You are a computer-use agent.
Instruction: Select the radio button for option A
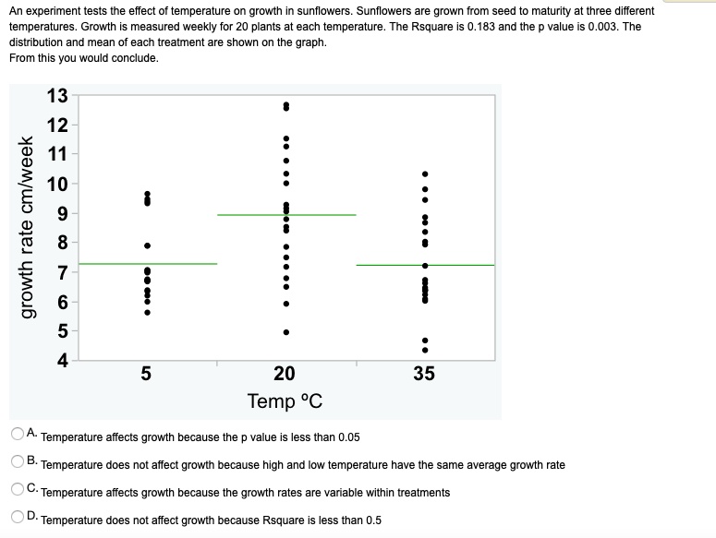click(x=18, y=434)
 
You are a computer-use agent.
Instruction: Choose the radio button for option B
click(x=18, y=461)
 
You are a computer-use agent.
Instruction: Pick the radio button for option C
click(x=18, y=489)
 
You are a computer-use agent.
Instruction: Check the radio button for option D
click(x=18, y=517)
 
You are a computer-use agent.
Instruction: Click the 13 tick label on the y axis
click(x=56, y=96)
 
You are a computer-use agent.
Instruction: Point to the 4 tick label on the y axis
click(x=62, y=361)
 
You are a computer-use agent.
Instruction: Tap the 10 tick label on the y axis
click(x=56, y=184)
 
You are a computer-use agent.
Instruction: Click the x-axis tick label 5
click(x=146, y=374)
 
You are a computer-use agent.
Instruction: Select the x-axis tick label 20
click(x=285, y=374)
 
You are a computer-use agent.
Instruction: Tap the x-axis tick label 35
click(x=424, y=374)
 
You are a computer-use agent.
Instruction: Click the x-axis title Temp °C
click(x=285, y=401)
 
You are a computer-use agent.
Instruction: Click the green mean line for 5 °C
click(x=148, y=264)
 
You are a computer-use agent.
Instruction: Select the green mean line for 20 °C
click(x=286, y=215)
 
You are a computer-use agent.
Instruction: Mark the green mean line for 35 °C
click(x=426, y=265)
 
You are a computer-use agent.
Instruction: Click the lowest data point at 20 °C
click(x=285, y=332)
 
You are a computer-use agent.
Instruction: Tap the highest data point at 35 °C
click(x=425, y=173)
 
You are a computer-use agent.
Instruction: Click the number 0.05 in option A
click(x=349, y=437)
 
